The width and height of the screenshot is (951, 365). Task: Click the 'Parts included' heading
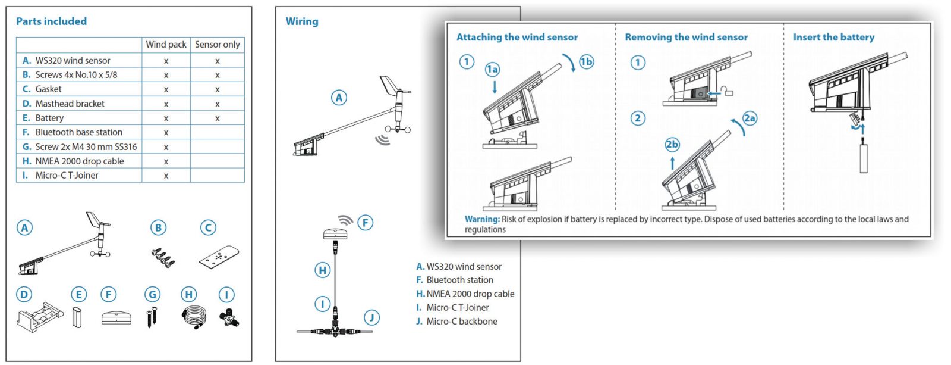click(51, 21)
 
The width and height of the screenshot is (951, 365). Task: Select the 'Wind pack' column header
click(166, 45)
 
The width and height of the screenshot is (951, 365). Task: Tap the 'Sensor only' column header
click(217, 45)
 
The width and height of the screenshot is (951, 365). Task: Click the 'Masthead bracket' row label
click(70, 104)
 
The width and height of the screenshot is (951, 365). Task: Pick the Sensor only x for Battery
click(218, 118)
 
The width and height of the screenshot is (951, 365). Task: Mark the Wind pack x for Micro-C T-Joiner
click(166, 176)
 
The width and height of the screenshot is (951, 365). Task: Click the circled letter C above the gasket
click(208, 227)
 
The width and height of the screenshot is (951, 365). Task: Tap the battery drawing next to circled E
click(77, 317)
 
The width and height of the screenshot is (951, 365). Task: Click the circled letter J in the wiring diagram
click(371, 317)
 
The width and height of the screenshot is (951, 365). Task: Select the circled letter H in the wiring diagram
click(322, 270)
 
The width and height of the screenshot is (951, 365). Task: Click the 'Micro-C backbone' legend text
click(461, 322)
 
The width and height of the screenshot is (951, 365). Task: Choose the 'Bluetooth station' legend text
click(459, 280)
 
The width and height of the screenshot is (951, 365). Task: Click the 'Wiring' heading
click(302, 21)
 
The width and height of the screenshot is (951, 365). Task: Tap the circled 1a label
click(492, 70)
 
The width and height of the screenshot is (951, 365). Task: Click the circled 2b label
click(672, 145)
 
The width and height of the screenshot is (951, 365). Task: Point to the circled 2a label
click(750, 118)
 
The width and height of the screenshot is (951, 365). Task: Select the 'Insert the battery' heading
click(833, 37)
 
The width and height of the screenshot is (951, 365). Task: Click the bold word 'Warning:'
click(482, 219)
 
